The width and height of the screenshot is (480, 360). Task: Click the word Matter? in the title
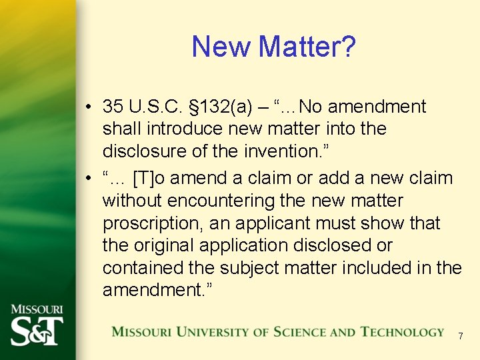[307, 47]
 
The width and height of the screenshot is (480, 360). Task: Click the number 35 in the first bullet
[113, 107]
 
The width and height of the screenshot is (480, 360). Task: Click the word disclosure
[145, 151]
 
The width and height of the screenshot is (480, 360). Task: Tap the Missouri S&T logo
[37, 326]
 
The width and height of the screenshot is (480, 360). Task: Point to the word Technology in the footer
[402, 332]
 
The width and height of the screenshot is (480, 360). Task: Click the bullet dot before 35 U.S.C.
[88, 107]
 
